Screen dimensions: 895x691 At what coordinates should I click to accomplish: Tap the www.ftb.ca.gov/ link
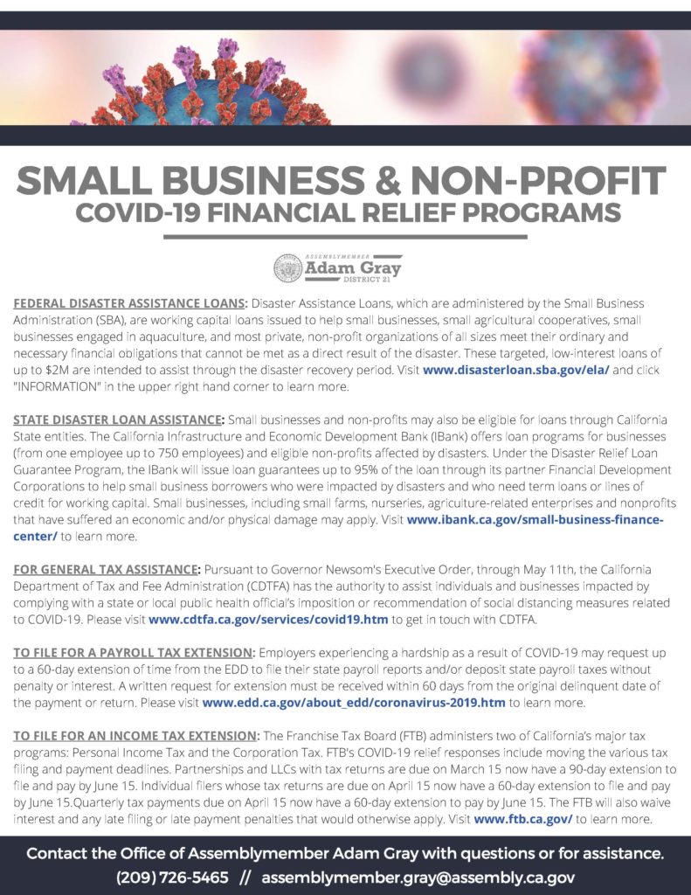[x=522, y=819]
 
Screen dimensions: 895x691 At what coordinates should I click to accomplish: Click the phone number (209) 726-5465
[x=172, y=877]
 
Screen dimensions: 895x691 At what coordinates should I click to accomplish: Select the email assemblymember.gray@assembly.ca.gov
[x=418, y=877]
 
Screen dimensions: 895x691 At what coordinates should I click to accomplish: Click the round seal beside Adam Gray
[x=288, y=267]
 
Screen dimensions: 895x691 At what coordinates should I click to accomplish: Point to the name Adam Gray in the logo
[x=352, y=266]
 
